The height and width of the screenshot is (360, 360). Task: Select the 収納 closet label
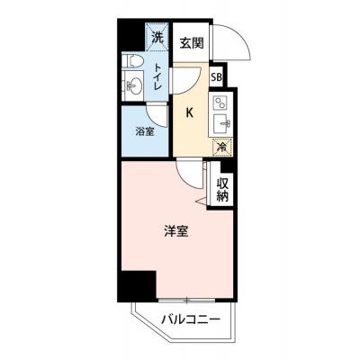point(222,188)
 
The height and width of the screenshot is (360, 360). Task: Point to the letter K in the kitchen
point(190,112)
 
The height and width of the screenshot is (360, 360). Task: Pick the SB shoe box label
point(217,77)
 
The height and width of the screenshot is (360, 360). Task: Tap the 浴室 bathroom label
point(145,130)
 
